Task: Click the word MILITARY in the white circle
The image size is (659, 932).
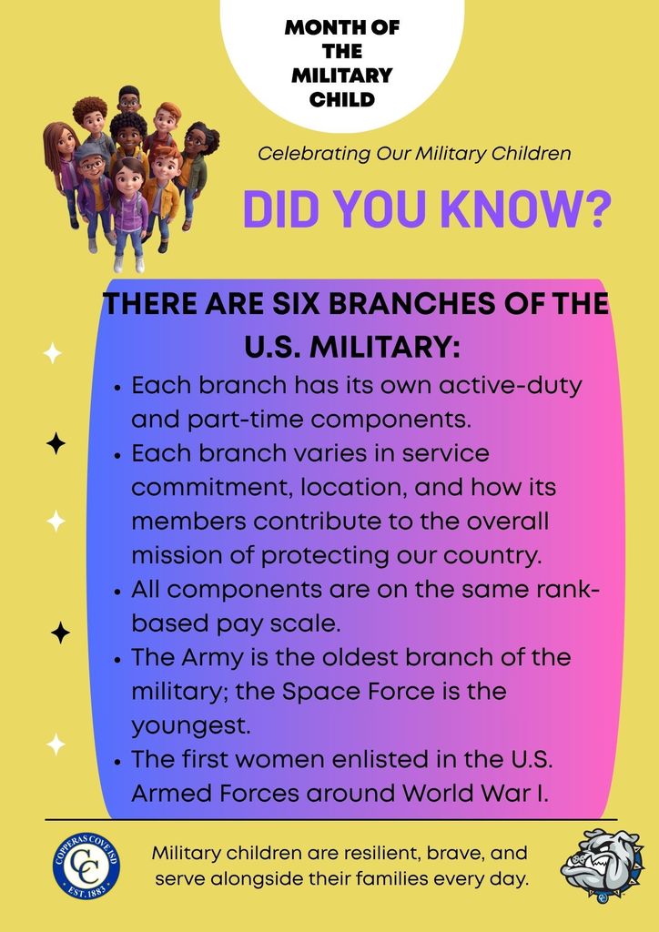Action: [x=341, y=75]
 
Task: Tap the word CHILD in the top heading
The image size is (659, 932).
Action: [x=341, y=98]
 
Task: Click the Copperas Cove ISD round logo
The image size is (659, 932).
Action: [x=86, y=866]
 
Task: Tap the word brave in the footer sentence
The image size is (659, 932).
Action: [x=462, y=856]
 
